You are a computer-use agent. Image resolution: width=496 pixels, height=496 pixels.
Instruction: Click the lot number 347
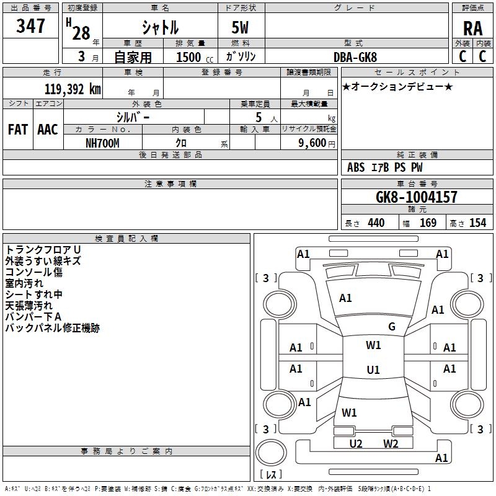(x=30, y=27)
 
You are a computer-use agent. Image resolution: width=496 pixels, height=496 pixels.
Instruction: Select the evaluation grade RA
(x=472, y=29)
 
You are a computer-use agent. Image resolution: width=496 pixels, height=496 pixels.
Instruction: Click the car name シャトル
(x=160, y=28)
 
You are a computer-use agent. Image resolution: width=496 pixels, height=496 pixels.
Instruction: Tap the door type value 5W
(x=241, y=28)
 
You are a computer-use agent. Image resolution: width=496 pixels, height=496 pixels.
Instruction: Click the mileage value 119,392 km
(x=73, y=89)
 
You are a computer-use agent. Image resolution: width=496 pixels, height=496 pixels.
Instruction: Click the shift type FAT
(x=17, y=130)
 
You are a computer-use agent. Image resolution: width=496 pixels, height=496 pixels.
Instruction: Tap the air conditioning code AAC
(x=47, y=130)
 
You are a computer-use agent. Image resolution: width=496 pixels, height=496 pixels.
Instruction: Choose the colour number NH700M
(x=102, y=143)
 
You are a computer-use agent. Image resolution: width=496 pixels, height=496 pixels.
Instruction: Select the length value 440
(x=376, y=223)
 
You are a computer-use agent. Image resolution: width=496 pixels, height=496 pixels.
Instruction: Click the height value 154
(x=477, y=223)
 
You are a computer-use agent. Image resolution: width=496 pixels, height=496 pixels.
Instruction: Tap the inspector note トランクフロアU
(x=43, y=249)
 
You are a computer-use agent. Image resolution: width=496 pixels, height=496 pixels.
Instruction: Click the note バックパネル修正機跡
(x=52, y=328)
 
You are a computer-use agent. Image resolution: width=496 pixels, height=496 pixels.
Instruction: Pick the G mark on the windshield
(x=391, y=327)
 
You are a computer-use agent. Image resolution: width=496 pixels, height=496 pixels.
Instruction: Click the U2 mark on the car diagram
(x=355, y=443)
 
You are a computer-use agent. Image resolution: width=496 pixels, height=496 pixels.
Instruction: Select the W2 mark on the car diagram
(x=390, y=443)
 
